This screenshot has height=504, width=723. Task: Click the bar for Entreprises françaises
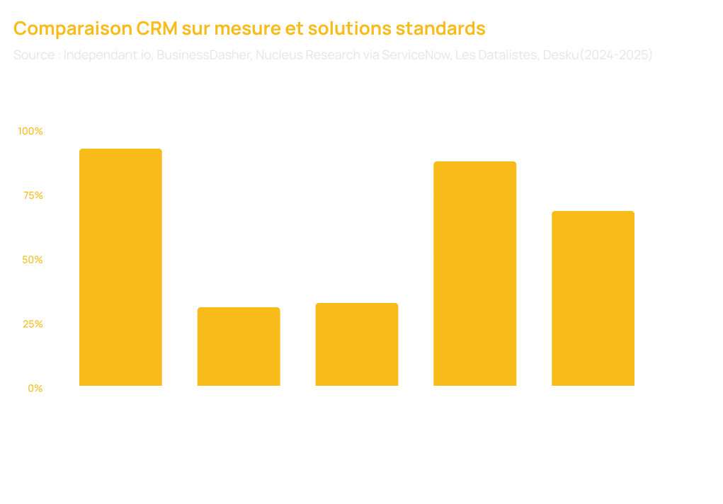pos(120,268)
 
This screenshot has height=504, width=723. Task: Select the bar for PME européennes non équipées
pos(239,347)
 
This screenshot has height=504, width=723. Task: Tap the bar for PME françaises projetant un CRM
pos(356,345)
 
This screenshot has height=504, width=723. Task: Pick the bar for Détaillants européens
pos(474,274)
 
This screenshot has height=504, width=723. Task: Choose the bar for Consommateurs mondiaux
pos(593,299)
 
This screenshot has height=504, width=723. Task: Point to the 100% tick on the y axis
pos(35,131)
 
